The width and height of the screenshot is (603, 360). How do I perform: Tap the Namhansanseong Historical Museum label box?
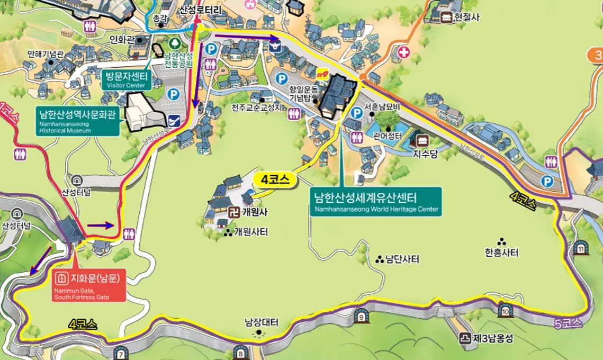pos(78,121)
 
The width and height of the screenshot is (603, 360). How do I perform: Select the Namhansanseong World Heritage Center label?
pos(375,202)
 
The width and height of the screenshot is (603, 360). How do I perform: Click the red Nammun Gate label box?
pos(89,286)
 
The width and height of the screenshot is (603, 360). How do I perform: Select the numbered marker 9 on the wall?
pos(361,317)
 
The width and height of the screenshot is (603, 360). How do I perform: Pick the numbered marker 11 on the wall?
pos(581,248)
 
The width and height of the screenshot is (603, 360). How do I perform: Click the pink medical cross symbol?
pos(404,52)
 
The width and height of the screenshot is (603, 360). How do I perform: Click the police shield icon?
pos(274,46)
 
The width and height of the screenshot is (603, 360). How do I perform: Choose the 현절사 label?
pos(467,17)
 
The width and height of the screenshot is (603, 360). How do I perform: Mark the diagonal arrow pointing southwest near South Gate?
pos(40,260)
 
